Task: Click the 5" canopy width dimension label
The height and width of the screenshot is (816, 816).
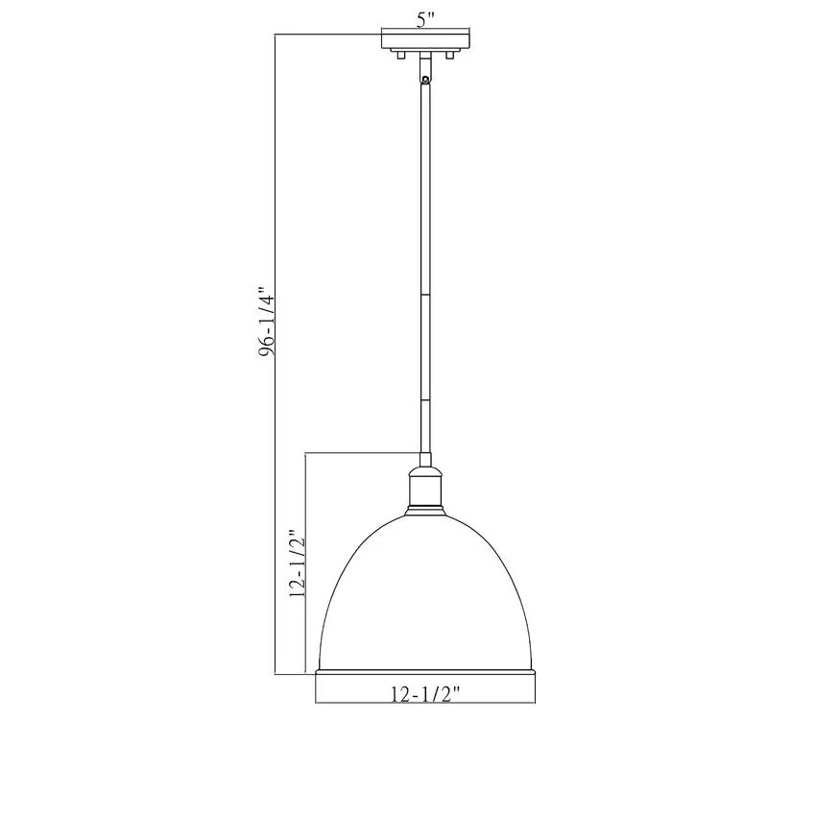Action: click(425, 20)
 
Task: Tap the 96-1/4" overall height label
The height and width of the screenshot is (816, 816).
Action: click(267, 322)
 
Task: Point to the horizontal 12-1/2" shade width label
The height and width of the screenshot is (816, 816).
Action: click(425, 694)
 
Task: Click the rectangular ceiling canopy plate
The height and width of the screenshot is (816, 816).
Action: click(425, 41)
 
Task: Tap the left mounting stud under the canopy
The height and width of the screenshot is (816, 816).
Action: click(400, 55)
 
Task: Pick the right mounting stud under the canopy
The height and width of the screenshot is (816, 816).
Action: click(450, 55)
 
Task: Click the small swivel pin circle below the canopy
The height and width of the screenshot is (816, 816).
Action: click(425, 80)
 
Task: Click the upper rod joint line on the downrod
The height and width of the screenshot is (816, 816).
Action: click(425, 295)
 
